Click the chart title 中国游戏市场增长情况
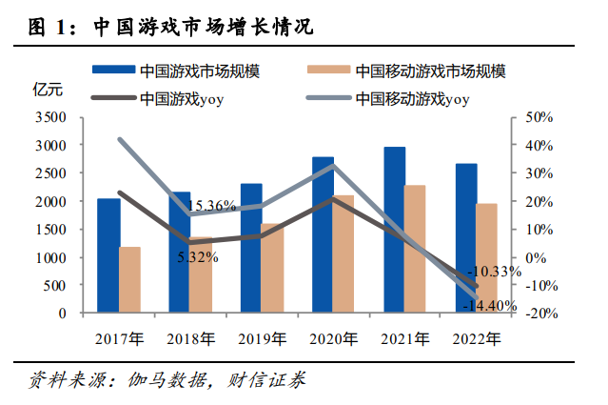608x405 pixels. (204, 28)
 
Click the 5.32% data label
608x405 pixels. (198, 257)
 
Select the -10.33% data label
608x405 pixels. (495, 272)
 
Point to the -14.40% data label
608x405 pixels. (489, 306)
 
